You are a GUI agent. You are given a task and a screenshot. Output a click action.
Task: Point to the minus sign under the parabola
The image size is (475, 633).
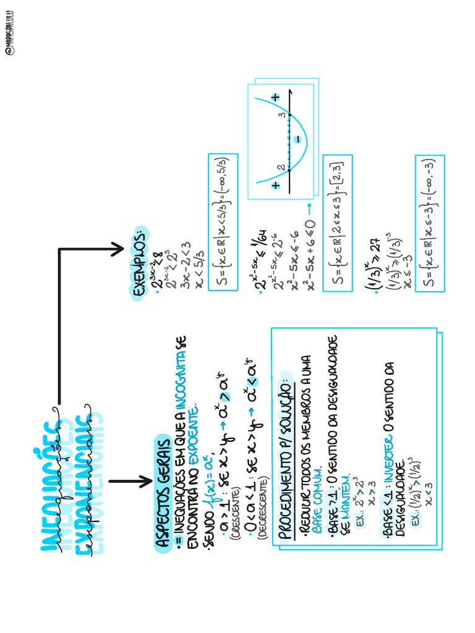click(x=298, y=140)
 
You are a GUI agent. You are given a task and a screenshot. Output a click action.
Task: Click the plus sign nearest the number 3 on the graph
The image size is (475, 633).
click(x=275, y=97)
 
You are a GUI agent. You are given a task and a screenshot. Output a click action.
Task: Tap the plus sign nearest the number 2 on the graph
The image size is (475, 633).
click(x=275, y=185)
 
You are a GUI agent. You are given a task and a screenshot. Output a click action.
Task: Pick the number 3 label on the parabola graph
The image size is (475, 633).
click(x=281, y=114)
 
